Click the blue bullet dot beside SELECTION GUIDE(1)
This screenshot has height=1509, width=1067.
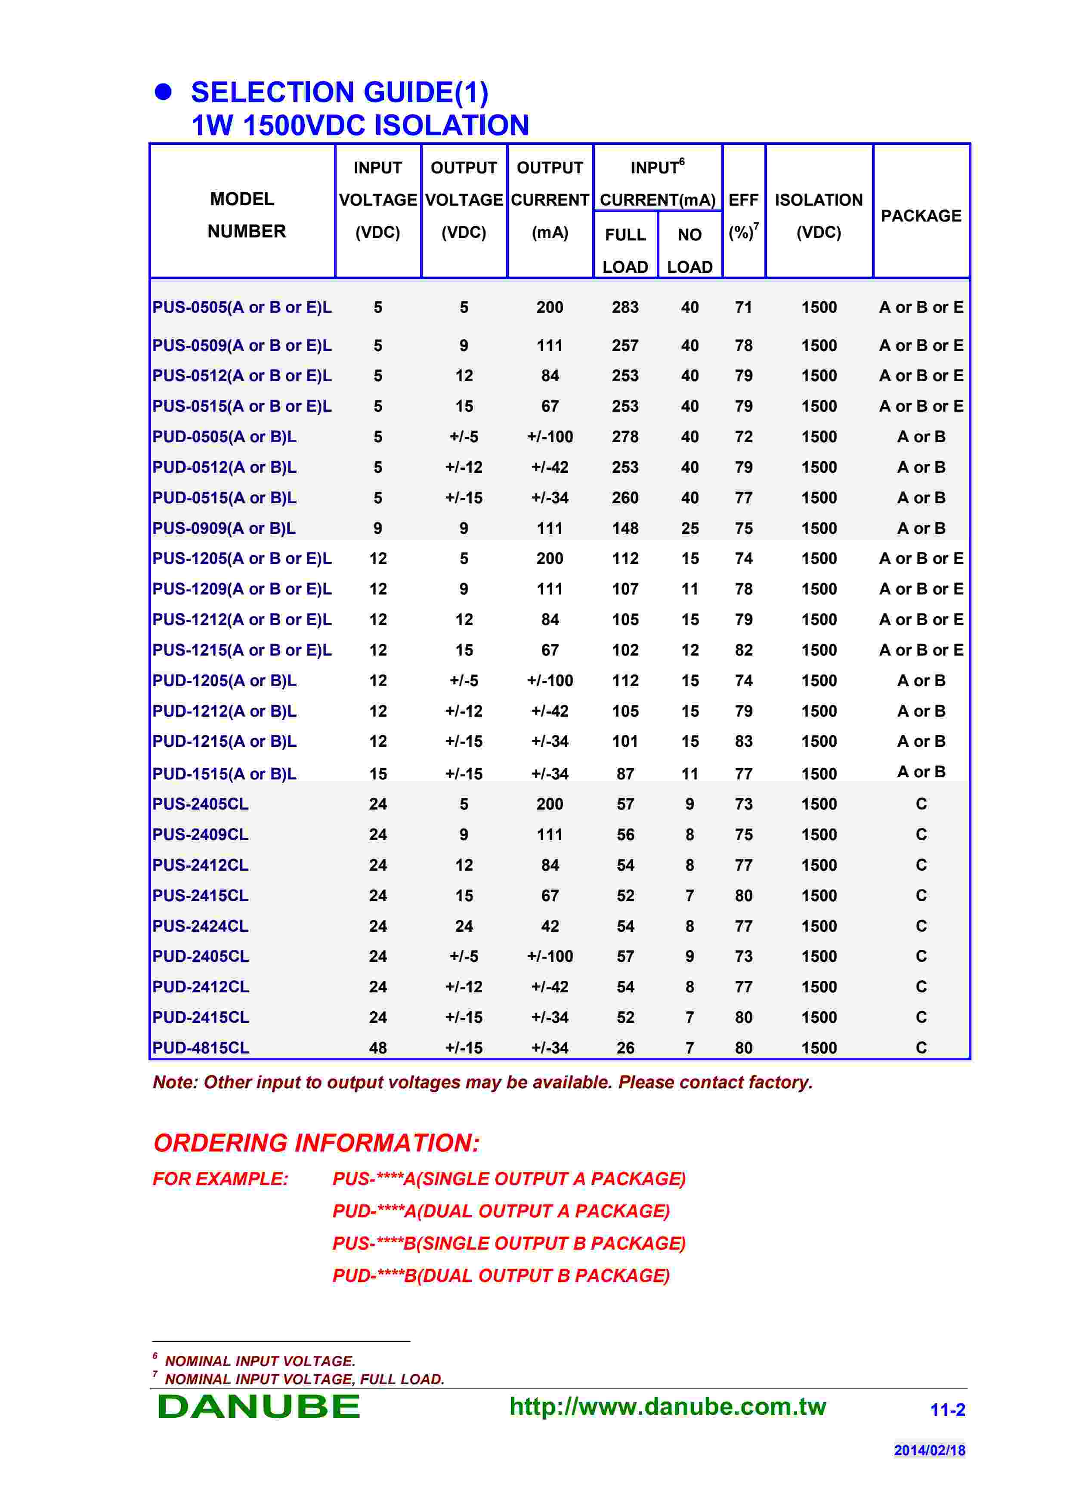click(163, 92)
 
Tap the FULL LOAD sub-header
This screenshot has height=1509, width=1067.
click(625, 250)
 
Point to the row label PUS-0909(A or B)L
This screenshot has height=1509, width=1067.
click(224, 528)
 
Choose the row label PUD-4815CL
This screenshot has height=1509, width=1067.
click(201, 1047)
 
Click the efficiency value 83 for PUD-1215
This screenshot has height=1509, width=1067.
click(744, 741)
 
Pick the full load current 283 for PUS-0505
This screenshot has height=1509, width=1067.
click(625, 308)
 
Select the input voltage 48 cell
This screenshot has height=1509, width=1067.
click(378, 1047)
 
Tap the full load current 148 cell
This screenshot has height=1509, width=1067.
click(625, 528)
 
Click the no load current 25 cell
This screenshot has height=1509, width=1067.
click(690, 528)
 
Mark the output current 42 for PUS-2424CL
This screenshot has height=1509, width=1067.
click(550, 926)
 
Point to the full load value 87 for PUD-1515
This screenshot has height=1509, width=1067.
click(625, 773)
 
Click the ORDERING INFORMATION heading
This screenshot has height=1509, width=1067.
click(316, 1143)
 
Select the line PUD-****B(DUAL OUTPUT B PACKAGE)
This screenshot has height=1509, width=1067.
click(501, 1276)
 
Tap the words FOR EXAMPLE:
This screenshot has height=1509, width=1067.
click(220, 1179)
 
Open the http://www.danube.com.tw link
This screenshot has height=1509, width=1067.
click(667, 1407)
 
